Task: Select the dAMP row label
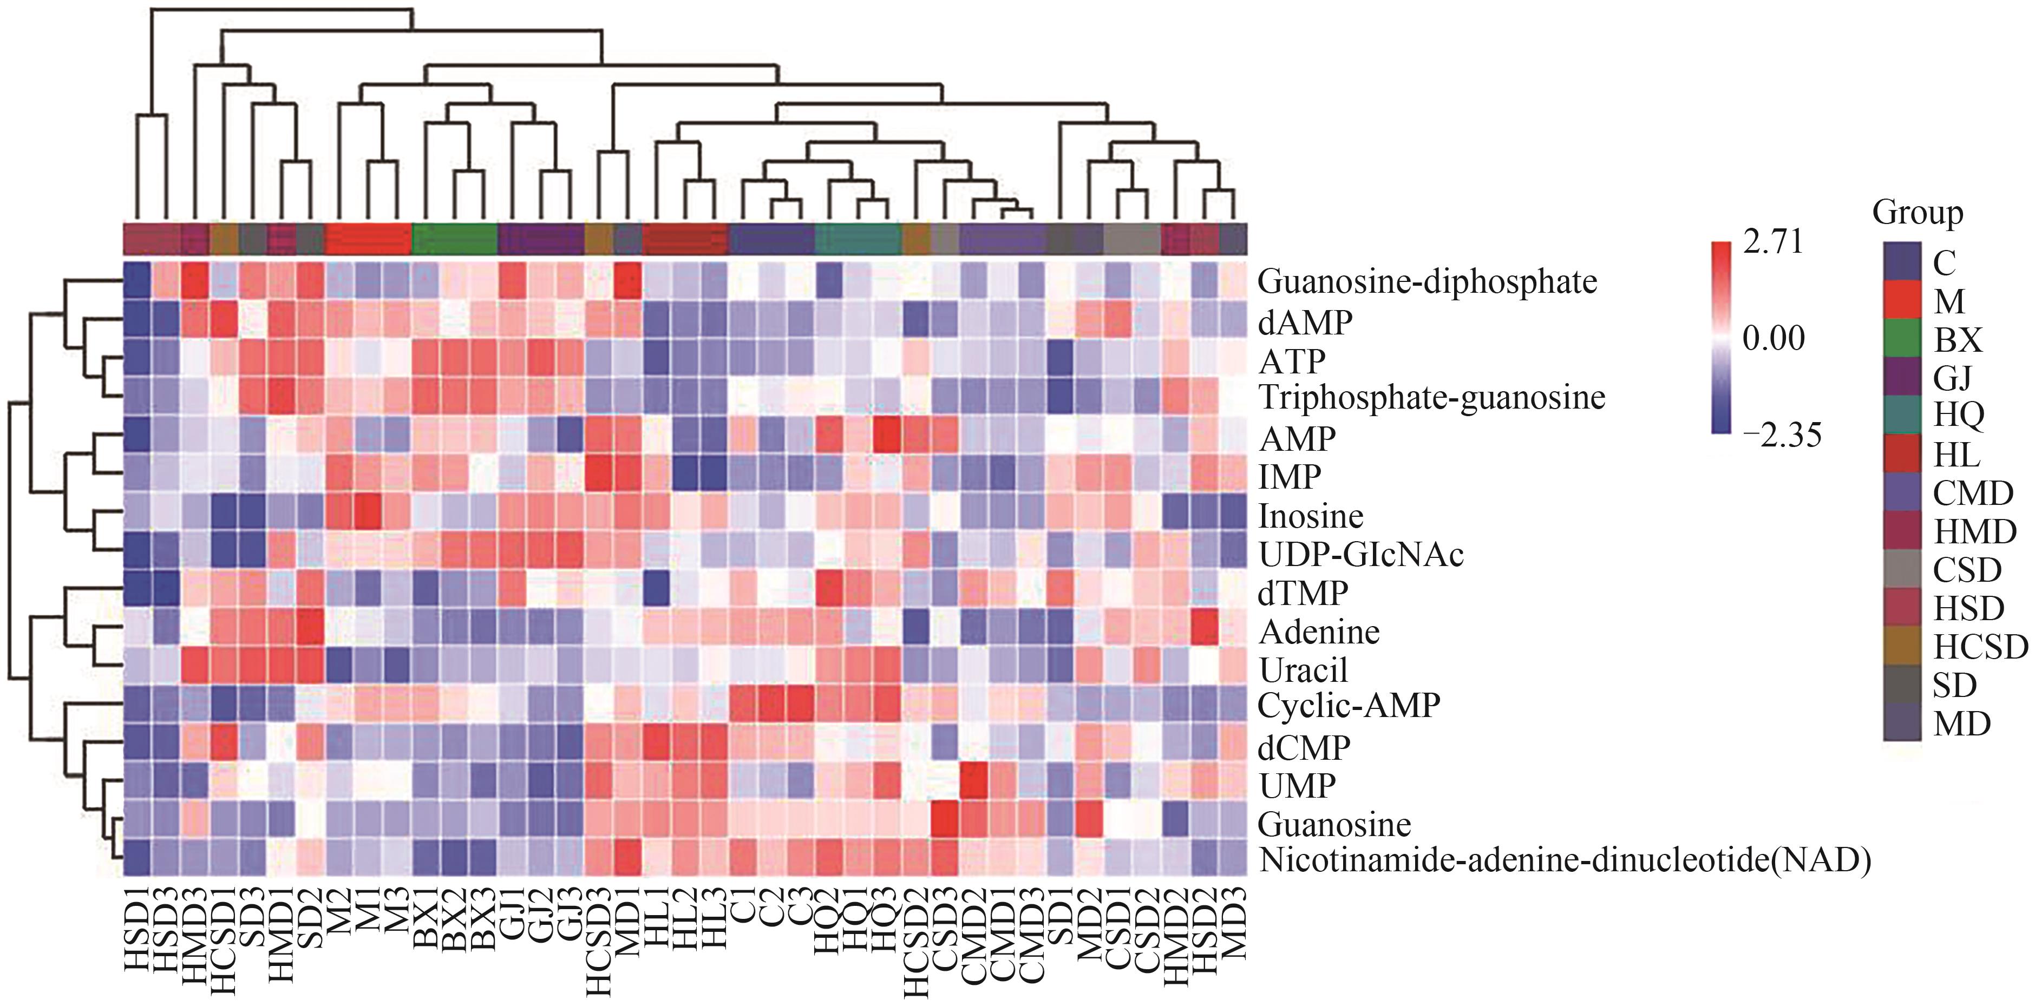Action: [1305, 322]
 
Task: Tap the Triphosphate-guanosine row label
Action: [1431, 397]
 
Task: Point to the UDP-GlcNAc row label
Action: [1360, 554]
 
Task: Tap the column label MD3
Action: [1234, 922]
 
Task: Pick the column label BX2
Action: [455, 922]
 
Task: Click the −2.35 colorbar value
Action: [1782, 435]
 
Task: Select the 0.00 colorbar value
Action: [1774, 339]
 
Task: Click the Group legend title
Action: [1918, 213]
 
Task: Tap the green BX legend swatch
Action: [1901, 339]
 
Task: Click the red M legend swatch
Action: [1901, 300]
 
